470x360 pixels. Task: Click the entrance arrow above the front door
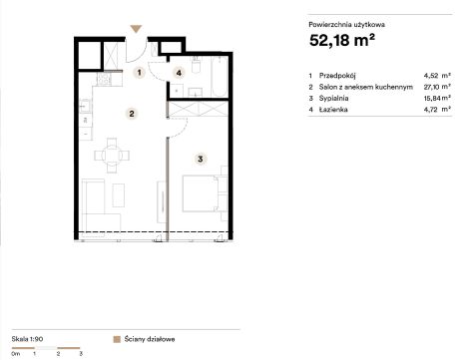pyautogui.click(x=136, y=29)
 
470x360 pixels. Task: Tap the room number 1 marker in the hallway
pyautogui.click(x=140, y=73)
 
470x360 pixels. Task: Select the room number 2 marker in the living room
pyautogui.click(x=132, y=114)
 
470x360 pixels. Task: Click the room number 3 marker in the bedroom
pyautogui.click(x=201, y=159)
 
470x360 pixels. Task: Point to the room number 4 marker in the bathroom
pyautogui.click(x=179, y=73)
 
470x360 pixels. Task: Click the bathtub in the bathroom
pyautogui.click(x=220, y=77)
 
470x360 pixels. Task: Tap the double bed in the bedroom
pyautogui.click(x=205, y=193)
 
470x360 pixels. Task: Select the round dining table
pyautogui.click(x=112, y=156)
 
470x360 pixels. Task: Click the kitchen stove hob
pyautogui.click(x=104, y=79)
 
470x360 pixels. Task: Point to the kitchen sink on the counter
pyautogui.click(x=85, y=106)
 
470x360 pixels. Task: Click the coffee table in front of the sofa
pyautogui.click(x=119, y=195)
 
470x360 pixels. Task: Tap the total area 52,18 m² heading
pyautogui.click(x=342, y=40)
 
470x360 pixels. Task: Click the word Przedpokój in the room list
pyautogui.click(x=337, y=76)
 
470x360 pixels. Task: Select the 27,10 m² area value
pyautogui.click(x=437, y=87)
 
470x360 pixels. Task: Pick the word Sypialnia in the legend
pyautogui.click(x=333, y=98)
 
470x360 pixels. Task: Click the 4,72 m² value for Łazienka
pyautogui.click(x=437, y=110)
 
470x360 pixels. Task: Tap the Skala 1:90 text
pyautogui.click(x=27, y=339)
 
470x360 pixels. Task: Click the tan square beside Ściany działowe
pyautogui.click(x=117, y=339)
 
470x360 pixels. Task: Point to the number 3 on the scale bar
pyautogui.click(x=81, y=354)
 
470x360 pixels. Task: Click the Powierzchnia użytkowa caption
pyautogui.click(x=347, y=25)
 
